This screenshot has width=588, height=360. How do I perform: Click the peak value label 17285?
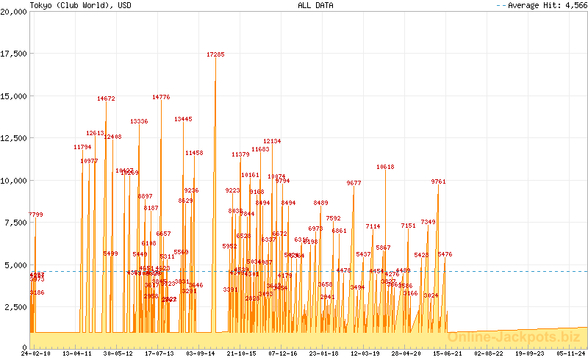click(x=215, y=54)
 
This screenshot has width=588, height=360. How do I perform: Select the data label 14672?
click(x=106, y=98)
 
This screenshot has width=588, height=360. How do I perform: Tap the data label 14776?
click(x=161, y=97)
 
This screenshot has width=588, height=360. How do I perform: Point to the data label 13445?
click(x=183, y=119)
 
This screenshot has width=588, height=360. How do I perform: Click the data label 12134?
click(x=272, y=141)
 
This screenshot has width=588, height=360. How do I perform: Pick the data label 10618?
click(x=385, y=167)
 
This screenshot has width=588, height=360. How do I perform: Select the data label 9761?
click(x=438, y=181)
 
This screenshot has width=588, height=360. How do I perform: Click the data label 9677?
click(x=354, y=183)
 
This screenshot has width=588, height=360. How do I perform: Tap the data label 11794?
click(x=82, y=147)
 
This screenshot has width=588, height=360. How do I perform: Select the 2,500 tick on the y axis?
click(x=15, y=306)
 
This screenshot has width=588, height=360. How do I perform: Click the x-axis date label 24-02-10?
click(x=36, y=353)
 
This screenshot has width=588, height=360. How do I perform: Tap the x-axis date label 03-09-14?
click(x=200, y=353)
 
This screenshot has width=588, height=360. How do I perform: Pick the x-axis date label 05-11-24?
click(x=571, y=353)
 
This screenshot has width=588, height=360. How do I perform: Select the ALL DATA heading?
click(x=315, y=4)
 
